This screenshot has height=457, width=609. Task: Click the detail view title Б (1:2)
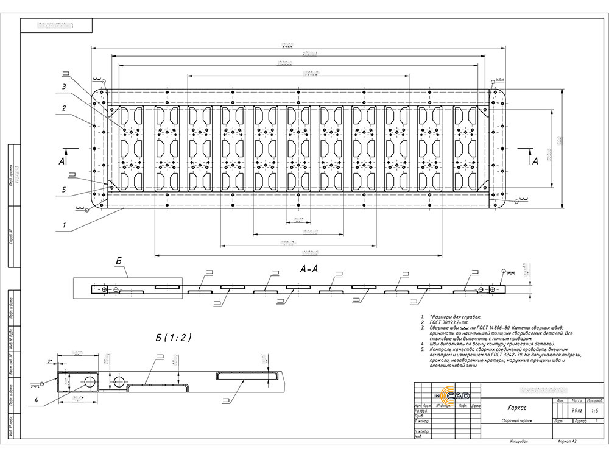[173, 338]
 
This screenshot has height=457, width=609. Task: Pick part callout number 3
[63, 87]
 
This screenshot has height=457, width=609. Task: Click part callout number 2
[63, 108]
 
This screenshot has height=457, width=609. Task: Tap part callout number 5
[63, 190]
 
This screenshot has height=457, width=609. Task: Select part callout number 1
[63, 225]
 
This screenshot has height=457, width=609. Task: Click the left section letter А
[62, 161]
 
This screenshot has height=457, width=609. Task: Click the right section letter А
[535, 161]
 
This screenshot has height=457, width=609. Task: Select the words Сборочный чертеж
[516, 421]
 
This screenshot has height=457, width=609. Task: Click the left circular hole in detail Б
[90, 381]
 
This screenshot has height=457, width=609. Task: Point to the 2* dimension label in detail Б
[50, 361]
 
